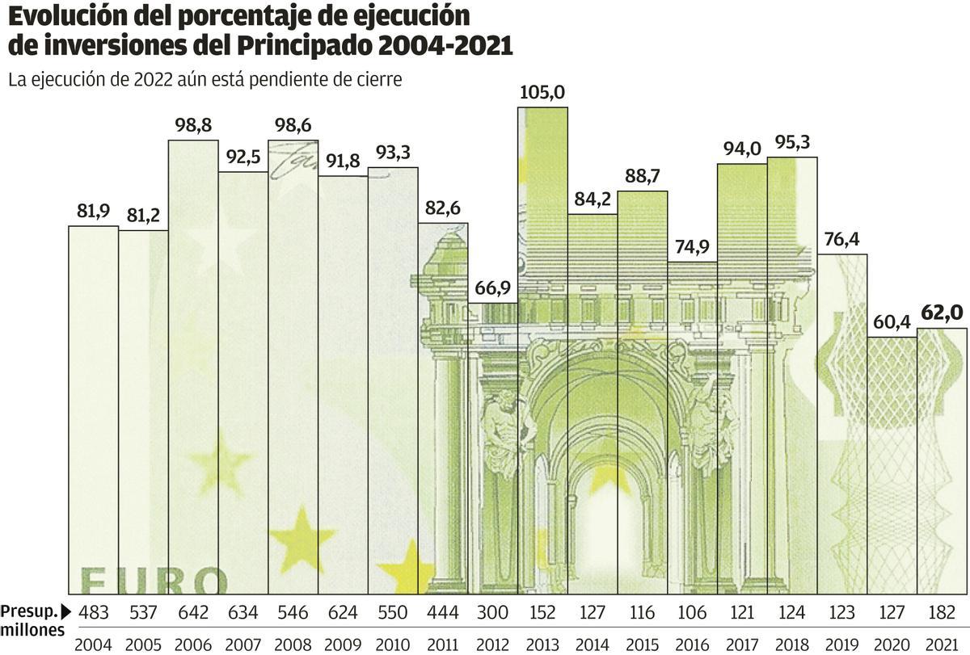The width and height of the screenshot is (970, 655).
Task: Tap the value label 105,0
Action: (x=542, y=93)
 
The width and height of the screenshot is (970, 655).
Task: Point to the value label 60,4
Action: (x=892, y=322)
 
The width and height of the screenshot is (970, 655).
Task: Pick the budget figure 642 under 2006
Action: (x=192, y=611)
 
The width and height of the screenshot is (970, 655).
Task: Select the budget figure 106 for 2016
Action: (x=692, y=611)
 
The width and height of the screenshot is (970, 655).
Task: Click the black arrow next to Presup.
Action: (x=66, y=611)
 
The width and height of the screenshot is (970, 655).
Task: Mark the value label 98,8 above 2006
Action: (x=192, y=126)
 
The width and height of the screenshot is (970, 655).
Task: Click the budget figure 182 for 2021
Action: (x=942, y=611)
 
